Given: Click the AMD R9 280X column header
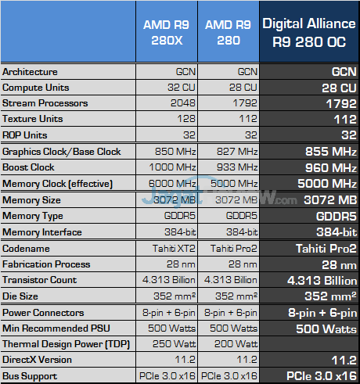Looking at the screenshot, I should (167, 31).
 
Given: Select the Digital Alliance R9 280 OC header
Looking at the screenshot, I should (309, 31).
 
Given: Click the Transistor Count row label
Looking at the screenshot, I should (39, 279).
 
